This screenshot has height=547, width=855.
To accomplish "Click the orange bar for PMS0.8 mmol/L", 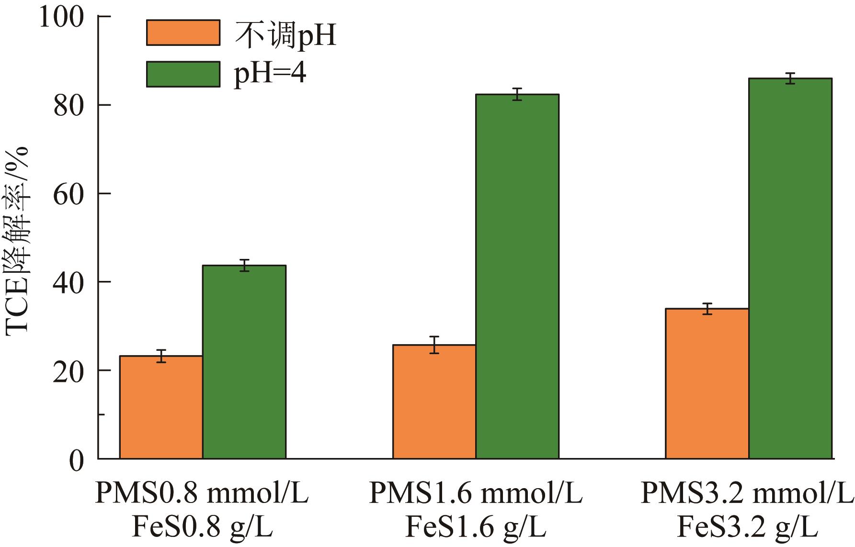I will (x=161, y=407).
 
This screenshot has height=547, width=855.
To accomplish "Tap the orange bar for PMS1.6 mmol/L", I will (x=434, y=402).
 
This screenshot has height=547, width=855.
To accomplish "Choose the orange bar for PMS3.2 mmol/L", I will (x=707, y=383).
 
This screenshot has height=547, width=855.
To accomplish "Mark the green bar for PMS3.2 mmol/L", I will (x=790, y=268).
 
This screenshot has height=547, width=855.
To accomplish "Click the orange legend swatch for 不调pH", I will (x=183, y=33).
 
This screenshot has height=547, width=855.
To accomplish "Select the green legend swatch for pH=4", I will (x=183, y=74).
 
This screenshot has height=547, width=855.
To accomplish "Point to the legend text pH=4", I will (x=270, y=74).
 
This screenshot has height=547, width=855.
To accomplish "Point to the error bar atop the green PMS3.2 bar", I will (x=790, y=78).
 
